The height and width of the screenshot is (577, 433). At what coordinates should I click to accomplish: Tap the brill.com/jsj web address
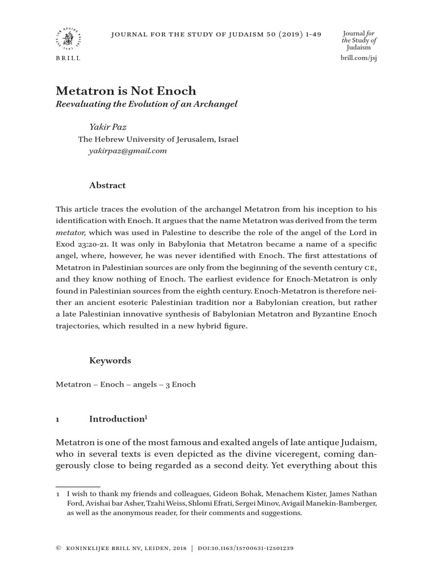pos(359,58)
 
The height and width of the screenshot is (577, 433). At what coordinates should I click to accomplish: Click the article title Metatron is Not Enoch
pos(126,91)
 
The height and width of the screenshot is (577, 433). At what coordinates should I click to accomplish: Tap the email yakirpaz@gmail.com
pos(127,151)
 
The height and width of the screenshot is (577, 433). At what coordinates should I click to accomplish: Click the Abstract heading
pos(108,185)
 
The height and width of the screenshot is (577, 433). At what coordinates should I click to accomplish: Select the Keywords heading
pos(110,360)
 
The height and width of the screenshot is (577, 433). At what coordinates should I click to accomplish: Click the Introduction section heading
pos(117,419)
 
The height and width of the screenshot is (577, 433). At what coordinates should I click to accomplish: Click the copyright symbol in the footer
pos(58,548)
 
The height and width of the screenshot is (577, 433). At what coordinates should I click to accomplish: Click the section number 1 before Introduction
pos(58,419)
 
